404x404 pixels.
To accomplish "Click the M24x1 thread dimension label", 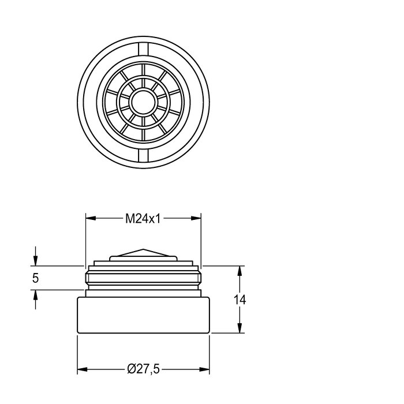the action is (x=143, y=219).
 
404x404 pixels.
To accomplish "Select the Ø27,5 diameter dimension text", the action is (x=143, y=369).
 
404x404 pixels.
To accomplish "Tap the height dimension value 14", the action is (x=240, y=300).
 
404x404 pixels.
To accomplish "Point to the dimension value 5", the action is (x=35, y=278).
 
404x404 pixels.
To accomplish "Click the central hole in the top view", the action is (x=143, y=102).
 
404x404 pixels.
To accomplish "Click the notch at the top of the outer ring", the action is (x=143, y=49).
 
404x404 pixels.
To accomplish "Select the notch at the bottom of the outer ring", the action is (x=143, y=155).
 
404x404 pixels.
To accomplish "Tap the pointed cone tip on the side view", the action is (x=143, y=249).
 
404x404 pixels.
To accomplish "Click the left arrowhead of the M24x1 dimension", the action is (x=91, y=218).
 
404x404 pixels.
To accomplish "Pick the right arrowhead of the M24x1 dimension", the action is (x=196, y=218).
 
